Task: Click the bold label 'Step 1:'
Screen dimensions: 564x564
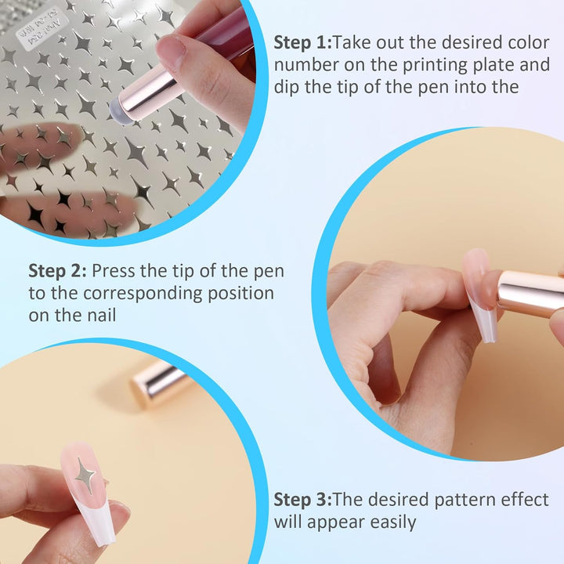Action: click(302, 43)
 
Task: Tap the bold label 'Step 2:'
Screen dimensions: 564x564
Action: click(57, 271)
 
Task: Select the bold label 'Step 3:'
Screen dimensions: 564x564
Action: click(302, 500)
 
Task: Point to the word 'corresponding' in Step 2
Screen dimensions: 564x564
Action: click(143, 294)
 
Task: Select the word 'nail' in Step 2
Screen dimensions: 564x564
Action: click(102, 315)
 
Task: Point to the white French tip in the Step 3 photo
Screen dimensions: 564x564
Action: click(96, 519)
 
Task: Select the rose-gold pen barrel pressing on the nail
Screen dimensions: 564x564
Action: click(530, 293)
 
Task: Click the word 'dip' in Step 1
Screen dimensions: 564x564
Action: click(287, 88)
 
